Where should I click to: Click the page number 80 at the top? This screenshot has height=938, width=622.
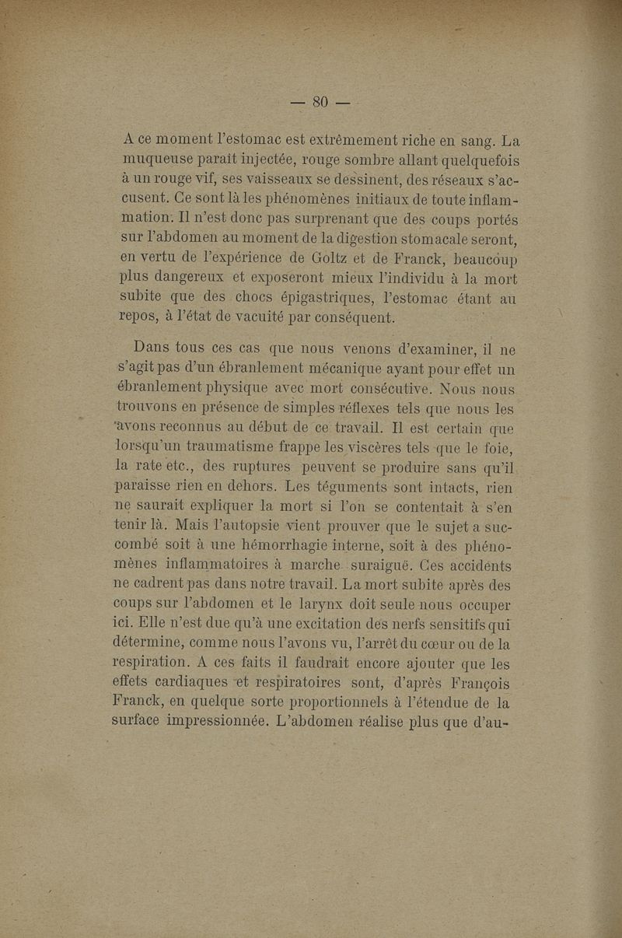coord(321,102)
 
